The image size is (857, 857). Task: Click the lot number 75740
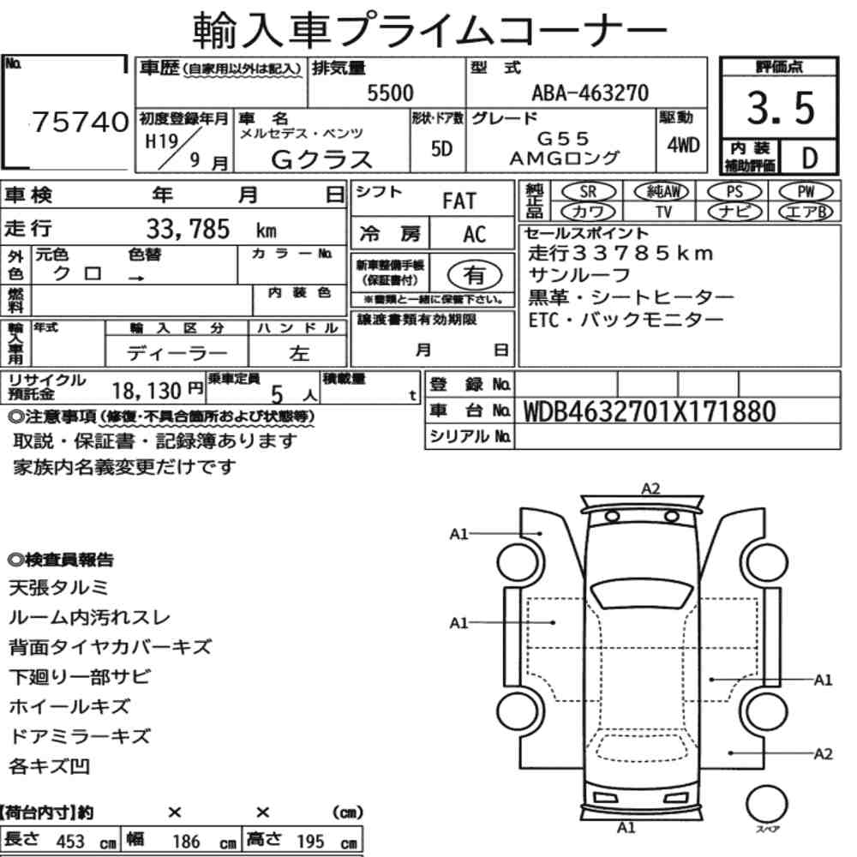(81, 122)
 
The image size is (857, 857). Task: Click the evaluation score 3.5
(781, 108)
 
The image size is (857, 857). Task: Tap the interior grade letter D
(810, 158)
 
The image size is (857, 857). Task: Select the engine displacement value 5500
(390, 93)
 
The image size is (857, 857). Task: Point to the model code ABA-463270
(590, 93)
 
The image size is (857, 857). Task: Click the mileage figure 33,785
(188, 229)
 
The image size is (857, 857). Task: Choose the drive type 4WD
(683, 145)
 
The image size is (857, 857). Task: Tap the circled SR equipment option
(589, 191)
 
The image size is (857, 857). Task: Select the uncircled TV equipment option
(663, 212)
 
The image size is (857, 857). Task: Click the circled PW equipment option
(806, 191)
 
